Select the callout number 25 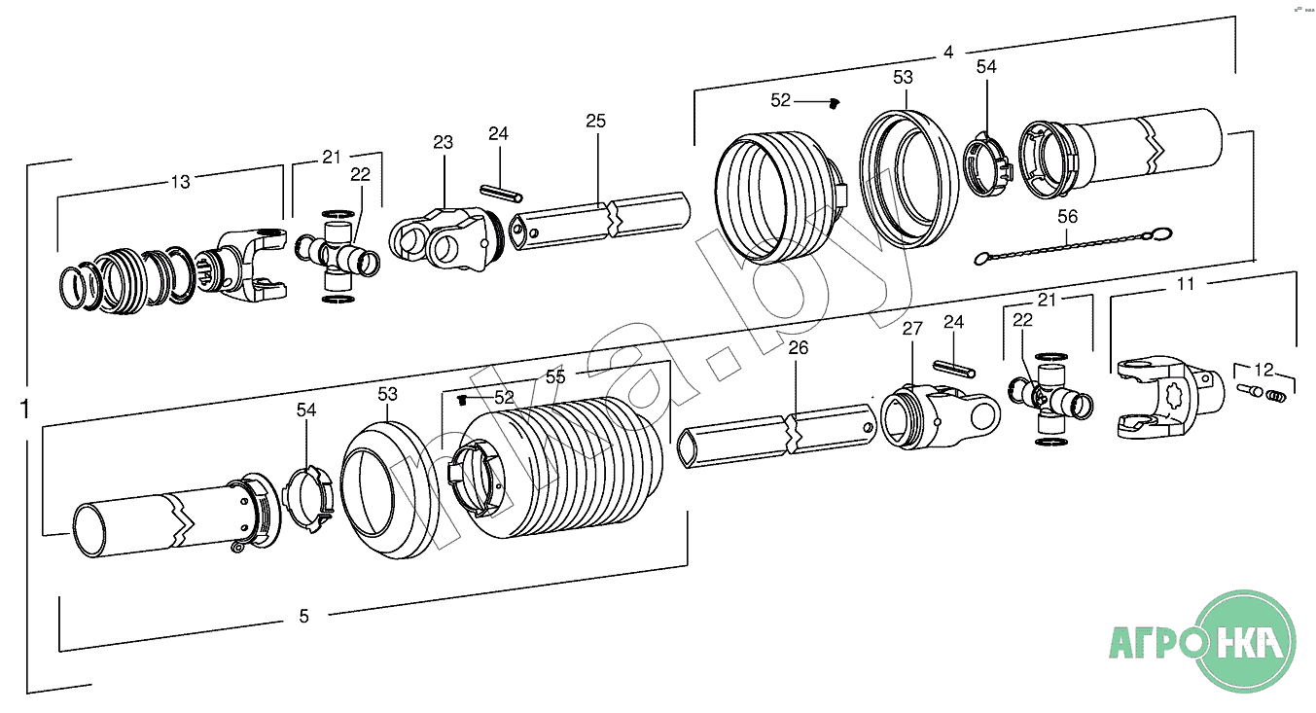(595, 122)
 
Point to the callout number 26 (798, 347)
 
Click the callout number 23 (443, 142)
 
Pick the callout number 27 (911, 329)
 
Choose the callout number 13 (181, 181)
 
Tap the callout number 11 (1186, 284)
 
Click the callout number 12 (1263, 369)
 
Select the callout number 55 (555, 374)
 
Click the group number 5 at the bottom (303, 616)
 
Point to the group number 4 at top (948, 52)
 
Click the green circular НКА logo (1245, 641)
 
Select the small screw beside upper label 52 (834, 102)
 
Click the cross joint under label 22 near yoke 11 (1052, 400)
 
